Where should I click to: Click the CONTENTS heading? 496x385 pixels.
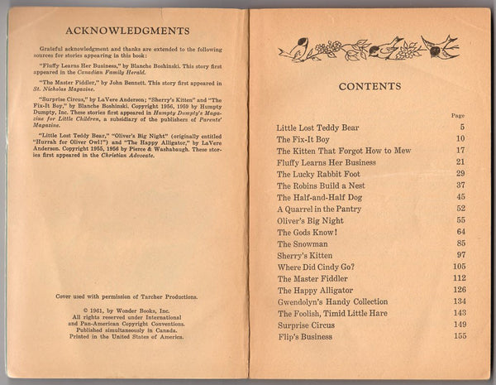pos(370,86)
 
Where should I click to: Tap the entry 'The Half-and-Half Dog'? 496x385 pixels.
pos(320,197)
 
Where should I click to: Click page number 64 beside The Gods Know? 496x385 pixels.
pos(460,233)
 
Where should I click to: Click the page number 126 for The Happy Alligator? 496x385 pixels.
pos(458,291)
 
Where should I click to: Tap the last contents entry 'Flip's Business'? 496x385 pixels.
pos(306,337)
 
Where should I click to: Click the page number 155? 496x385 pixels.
pos(458,338)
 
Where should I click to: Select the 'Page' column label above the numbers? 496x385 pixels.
pos(458,116)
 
